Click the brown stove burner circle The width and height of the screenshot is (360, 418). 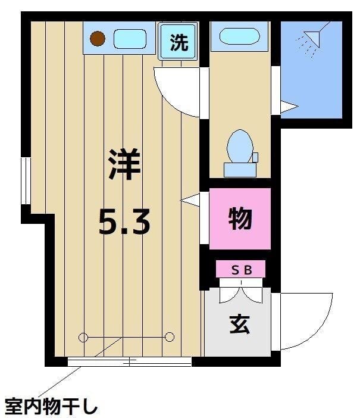coord(98,39)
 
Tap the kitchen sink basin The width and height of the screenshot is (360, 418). coord(130,39)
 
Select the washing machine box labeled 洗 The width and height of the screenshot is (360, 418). coord(179,42)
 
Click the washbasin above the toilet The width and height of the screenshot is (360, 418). coord(239,36)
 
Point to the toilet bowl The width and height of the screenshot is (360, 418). coord(240,146)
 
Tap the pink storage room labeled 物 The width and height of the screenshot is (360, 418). coord(240,219)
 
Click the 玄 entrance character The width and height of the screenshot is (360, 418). coord(239,325)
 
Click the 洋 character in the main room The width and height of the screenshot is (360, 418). coord(124,166)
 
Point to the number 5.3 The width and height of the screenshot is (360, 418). coord(124,223)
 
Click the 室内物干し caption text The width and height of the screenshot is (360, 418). coord(50,407)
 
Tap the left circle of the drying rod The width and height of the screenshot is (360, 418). coord(83,338)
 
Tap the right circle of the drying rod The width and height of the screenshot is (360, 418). coord(170,337)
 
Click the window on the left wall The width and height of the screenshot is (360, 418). coord(26,181)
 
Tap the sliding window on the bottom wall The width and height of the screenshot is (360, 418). coord(130,361)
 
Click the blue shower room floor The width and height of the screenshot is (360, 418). coord(311,83)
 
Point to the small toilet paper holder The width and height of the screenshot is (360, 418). coord(255,158)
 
